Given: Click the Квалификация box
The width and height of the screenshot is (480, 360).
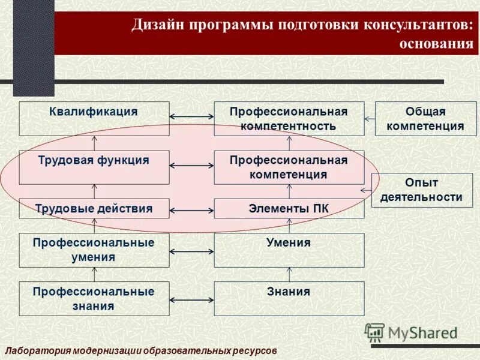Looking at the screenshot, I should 94,119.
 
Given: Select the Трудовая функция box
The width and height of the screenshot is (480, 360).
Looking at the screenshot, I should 94,167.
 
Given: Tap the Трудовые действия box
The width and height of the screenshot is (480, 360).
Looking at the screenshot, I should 94,209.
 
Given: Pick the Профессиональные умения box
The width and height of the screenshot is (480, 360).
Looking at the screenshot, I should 94,250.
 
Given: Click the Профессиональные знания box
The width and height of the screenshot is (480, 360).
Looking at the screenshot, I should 94,298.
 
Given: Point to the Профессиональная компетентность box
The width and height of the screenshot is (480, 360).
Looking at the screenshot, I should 289,119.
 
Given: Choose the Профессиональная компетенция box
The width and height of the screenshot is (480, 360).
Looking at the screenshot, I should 289,167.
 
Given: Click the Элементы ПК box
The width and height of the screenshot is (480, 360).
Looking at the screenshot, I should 289,209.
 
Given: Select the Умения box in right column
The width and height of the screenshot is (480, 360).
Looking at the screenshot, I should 289,250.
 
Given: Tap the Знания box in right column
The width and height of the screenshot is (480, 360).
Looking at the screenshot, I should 289,298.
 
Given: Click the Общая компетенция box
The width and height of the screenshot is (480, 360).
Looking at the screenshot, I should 425,119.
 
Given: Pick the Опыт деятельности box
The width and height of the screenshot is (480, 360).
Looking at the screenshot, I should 421,190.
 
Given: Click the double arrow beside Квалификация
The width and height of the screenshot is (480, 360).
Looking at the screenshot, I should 191,117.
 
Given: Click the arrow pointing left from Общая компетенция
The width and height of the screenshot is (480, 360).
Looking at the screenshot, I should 370,119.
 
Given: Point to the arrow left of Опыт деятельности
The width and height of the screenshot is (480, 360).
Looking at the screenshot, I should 365,191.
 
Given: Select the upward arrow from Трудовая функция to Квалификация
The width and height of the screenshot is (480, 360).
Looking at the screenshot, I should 94,143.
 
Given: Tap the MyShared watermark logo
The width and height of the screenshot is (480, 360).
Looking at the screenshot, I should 411,332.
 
